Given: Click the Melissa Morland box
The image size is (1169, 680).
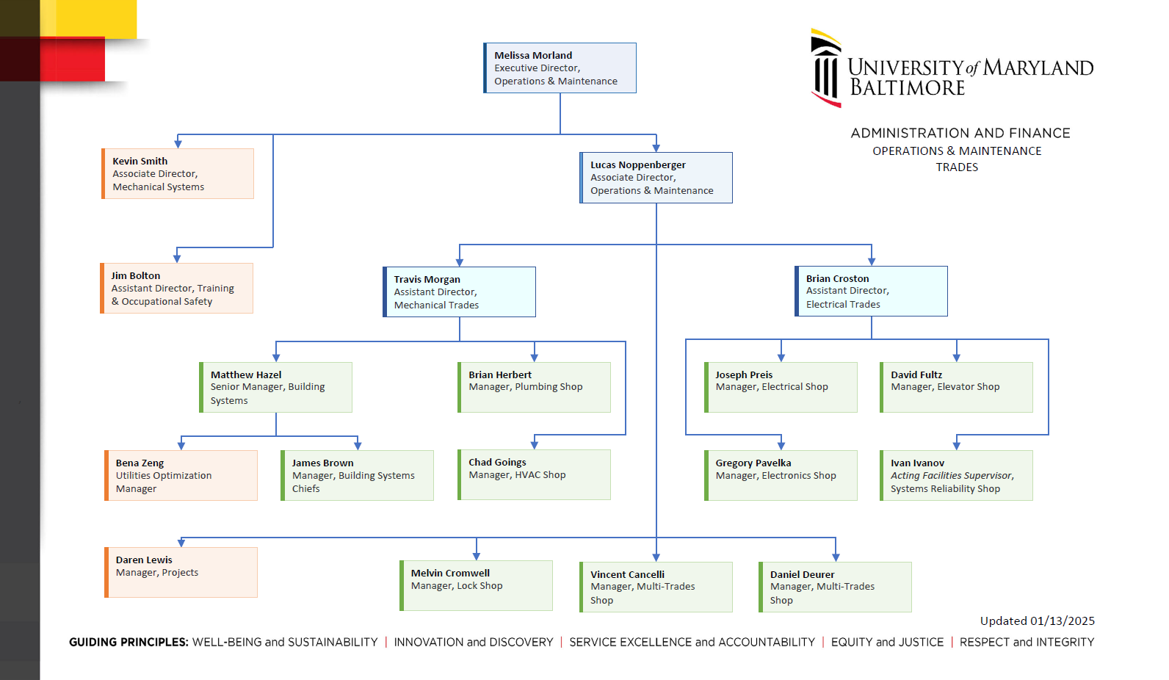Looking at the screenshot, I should tap(560, 68).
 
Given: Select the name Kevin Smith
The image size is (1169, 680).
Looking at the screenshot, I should tap(140, 161).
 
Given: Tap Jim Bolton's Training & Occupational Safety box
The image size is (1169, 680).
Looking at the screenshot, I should tap(177, 289).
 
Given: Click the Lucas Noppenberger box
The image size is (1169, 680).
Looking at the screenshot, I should tap(656, 178).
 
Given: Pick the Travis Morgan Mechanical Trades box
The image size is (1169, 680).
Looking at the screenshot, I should tap(460, 292).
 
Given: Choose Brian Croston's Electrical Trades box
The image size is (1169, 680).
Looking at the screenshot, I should tap(872, 292).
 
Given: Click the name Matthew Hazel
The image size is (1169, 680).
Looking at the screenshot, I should tap(246, 375).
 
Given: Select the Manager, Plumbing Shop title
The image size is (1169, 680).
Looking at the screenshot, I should tap(526, 387).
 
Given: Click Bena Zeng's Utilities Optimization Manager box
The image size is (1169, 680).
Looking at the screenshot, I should tap(181, 476).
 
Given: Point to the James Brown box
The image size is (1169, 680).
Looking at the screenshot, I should tap(358, 476).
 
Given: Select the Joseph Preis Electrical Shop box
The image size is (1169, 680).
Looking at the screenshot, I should tap(781, 387).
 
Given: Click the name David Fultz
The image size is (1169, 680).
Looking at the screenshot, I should tap(916, 375).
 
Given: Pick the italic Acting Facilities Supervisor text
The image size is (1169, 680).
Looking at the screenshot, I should tap(952, 476).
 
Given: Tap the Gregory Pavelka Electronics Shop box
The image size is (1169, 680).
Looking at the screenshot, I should tap(781, 476).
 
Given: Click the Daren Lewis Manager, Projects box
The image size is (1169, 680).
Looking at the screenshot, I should tap(181, 572).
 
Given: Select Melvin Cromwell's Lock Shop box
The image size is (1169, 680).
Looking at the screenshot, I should tap(476, 585).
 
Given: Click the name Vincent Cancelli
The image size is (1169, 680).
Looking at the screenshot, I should tap(628, 574).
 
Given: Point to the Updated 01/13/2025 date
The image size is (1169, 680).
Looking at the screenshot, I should tap(1037, 621).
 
